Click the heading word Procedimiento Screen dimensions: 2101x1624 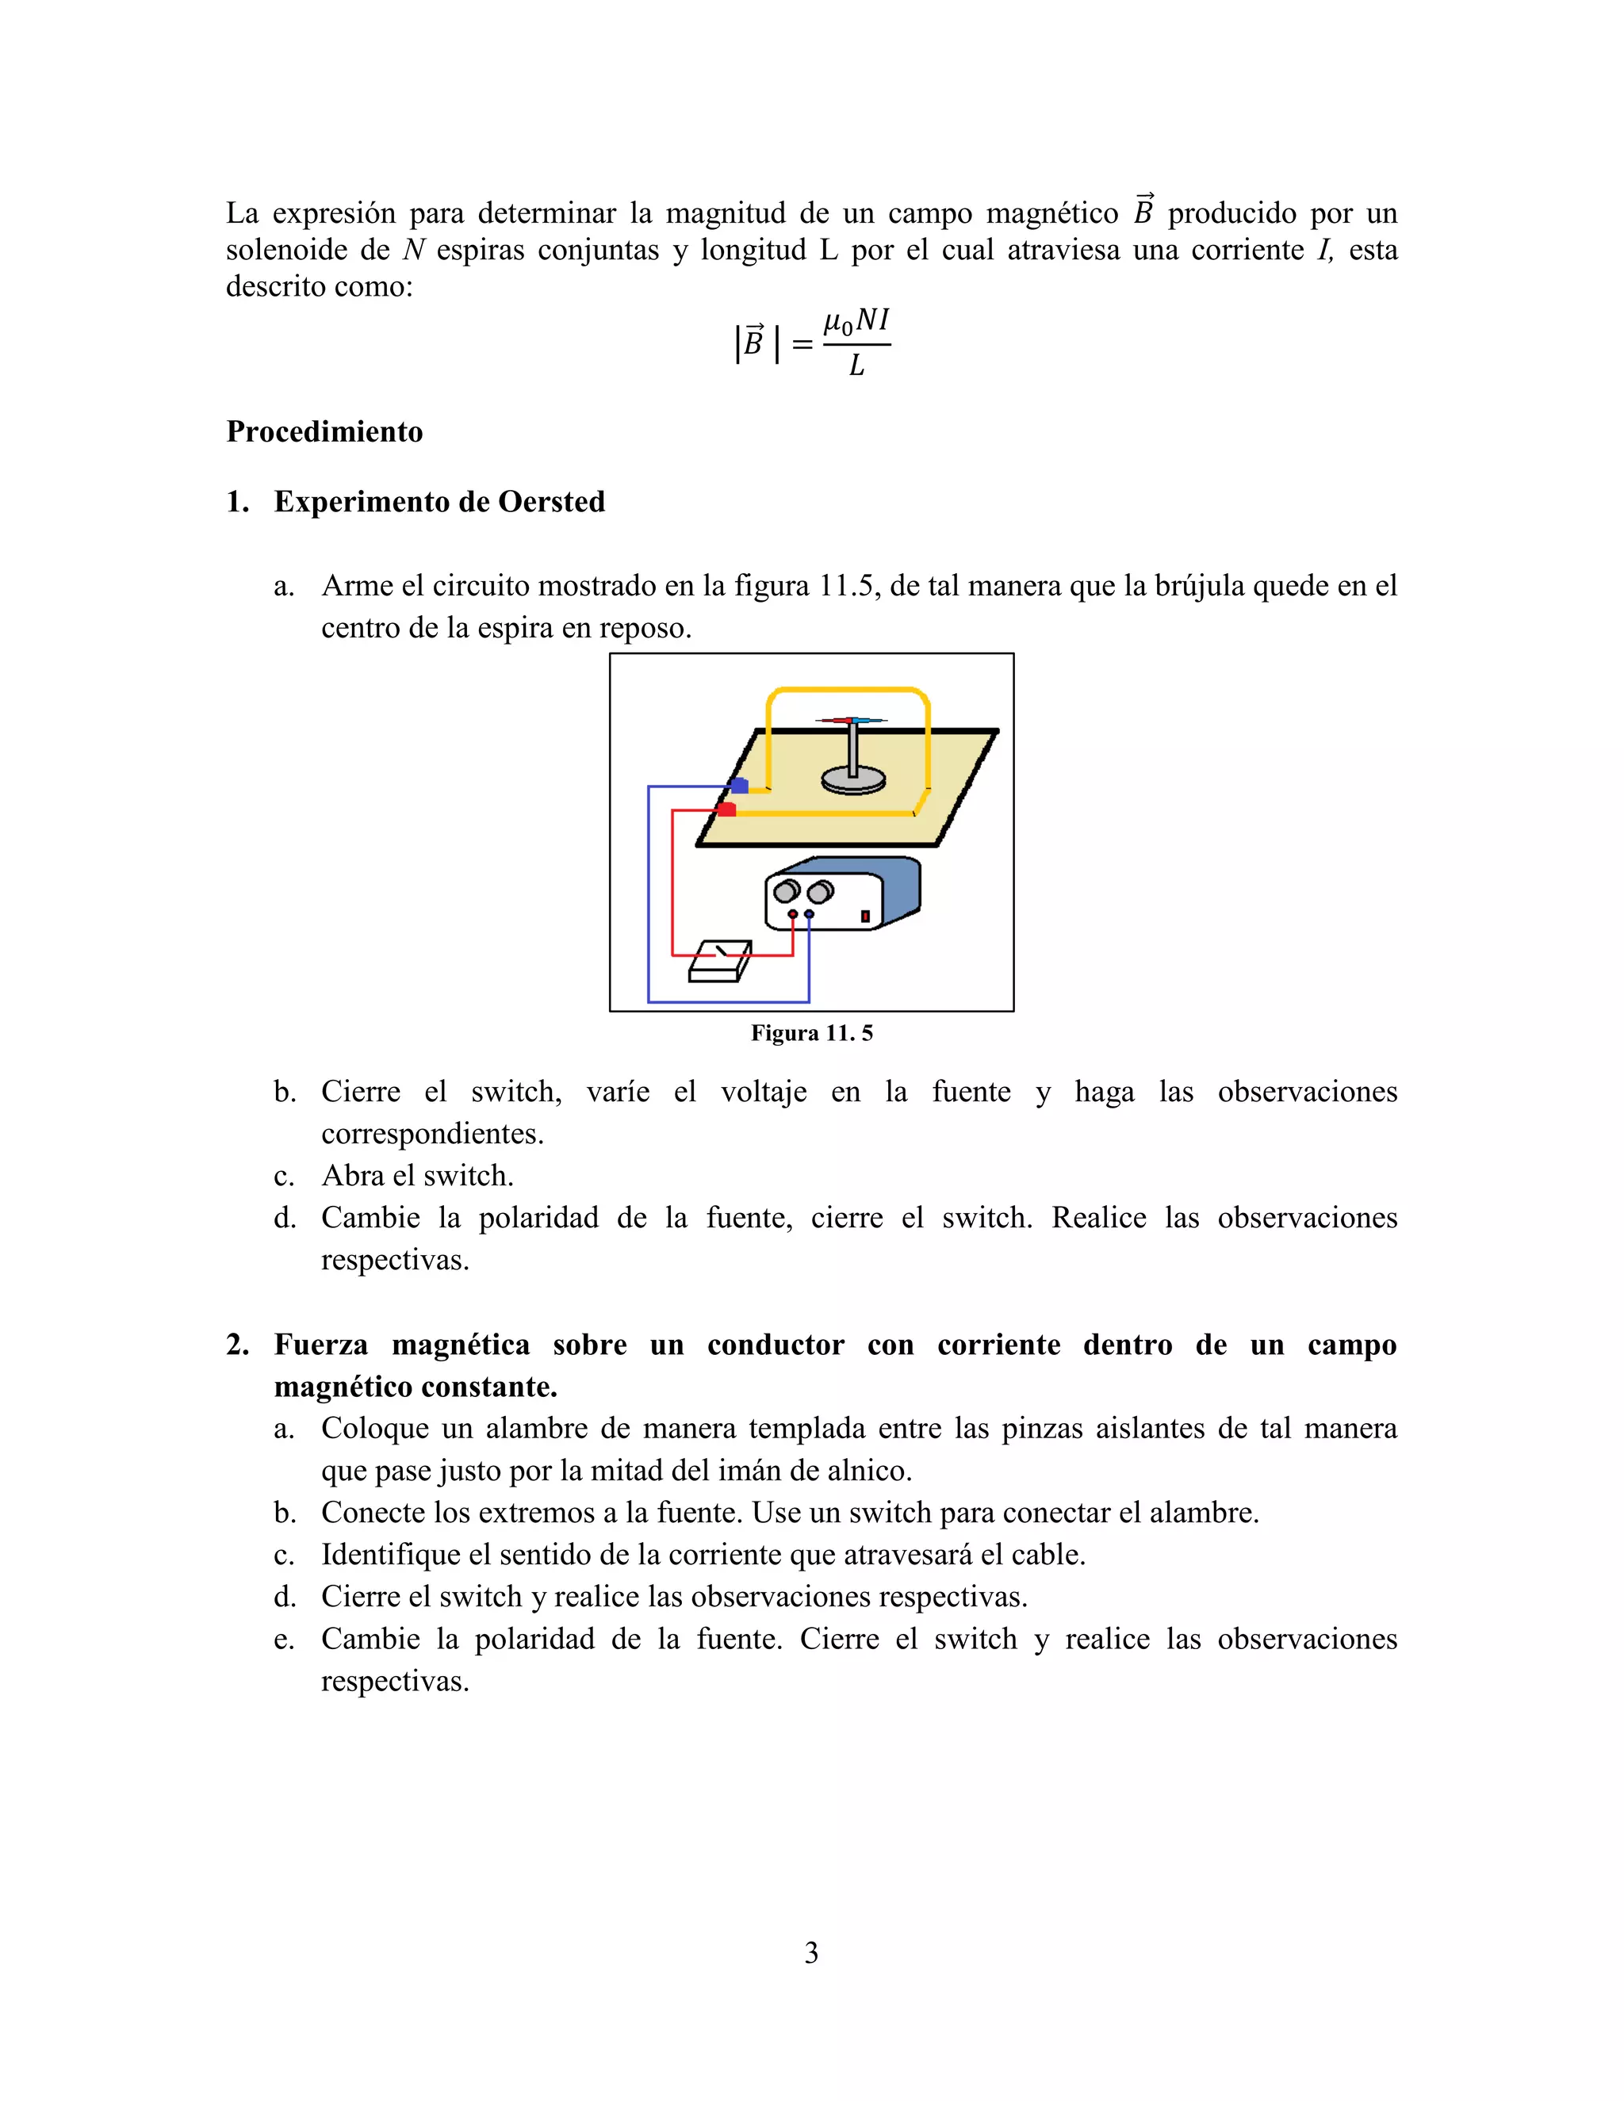point(324,432)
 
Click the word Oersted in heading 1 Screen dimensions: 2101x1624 point(551,502)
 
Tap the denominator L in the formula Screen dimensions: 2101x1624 point(856,366)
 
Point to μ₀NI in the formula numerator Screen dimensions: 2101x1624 point(856,321)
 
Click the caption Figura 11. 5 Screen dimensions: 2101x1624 point(811,1033)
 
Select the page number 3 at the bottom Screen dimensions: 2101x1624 point(811,1953)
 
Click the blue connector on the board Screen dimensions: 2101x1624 point(739,786)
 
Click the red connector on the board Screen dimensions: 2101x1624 point(727,810)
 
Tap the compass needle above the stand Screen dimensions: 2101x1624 point(852,720)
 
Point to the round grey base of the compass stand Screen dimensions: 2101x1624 point(853,777)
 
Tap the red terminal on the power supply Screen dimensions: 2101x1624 point(793,914)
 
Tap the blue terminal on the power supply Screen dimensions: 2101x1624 point(809,914)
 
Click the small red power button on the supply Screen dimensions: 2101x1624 point(865,916)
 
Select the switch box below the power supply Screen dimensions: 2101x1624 point(720,962)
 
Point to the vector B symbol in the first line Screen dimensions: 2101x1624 point(1143,211)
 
